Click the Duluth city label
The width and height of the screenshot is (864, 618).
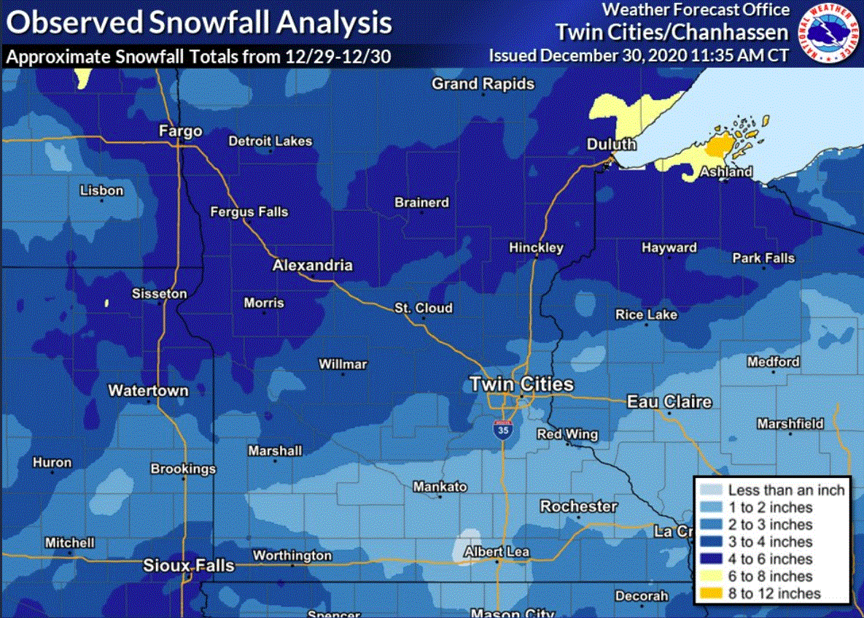point(611,144)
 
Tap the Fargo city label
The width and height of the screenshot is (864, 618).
point(180,131)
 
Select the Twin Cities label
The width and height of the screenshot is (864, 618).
point(521,384)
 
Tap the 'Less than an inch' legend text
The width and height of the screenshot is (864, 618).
point(786,490)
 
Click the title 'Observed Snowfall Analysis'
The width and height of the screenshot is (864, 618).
point(199,23)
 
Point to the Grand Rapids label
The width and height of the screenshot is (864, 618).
point(483,84)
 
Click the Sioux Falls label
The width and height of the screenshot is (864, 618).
point(189,565)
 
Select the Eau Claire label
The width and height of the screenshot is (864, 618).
point(669,402)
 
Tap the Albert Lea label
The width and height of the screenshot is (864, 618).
point(497,552)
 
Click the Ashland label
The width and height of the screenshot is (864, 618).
point(726,172)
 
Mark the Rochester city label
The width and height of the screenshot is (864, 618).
point(578,506)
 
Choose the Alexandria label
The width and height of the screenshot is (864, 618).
point(312,266)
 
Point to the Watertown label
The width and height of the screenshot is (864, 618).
point(148,390)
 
